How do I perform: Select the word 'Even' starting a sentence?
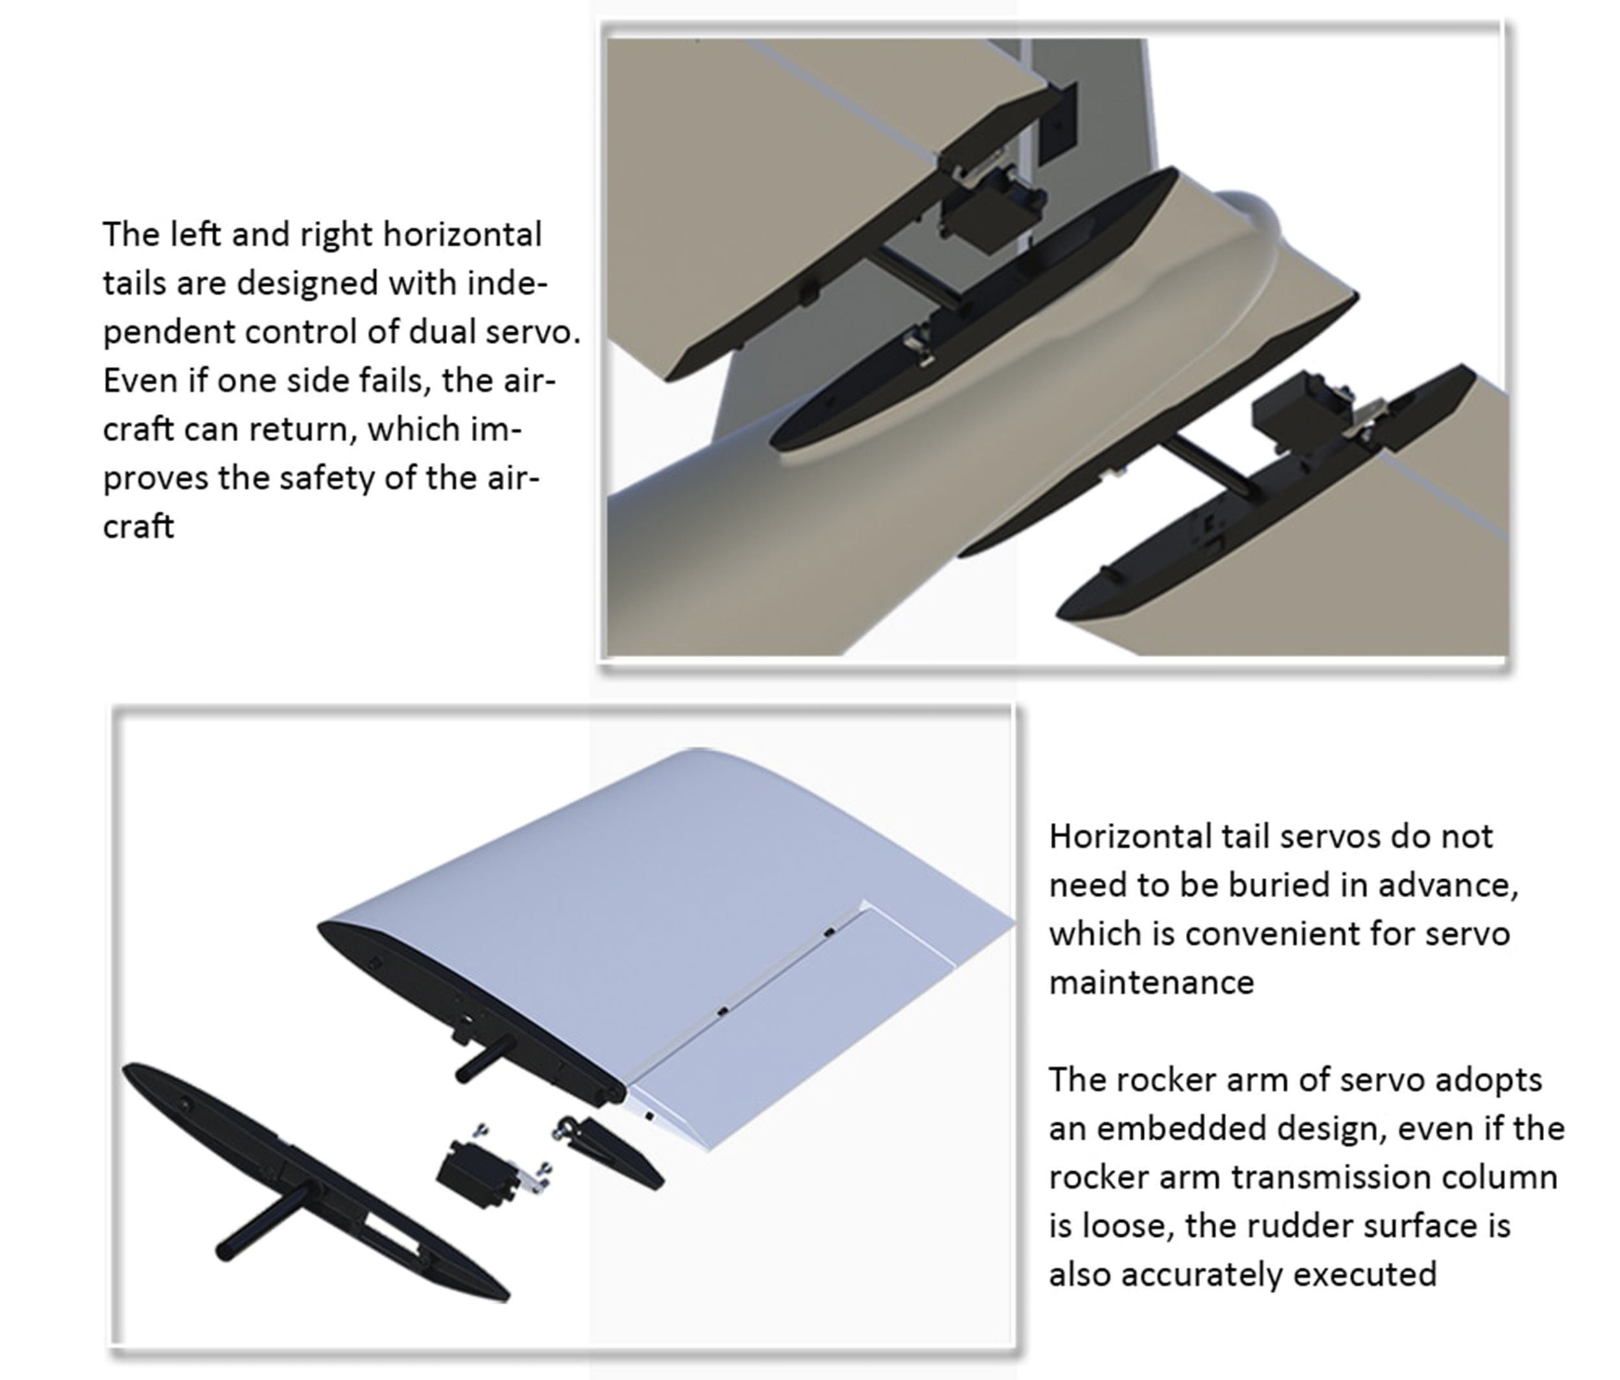[x=136, y=381]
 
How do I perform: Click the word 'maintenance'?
[x=1151, y=982]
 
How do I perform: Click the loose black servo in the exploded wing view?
[x=478, y=1173]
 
